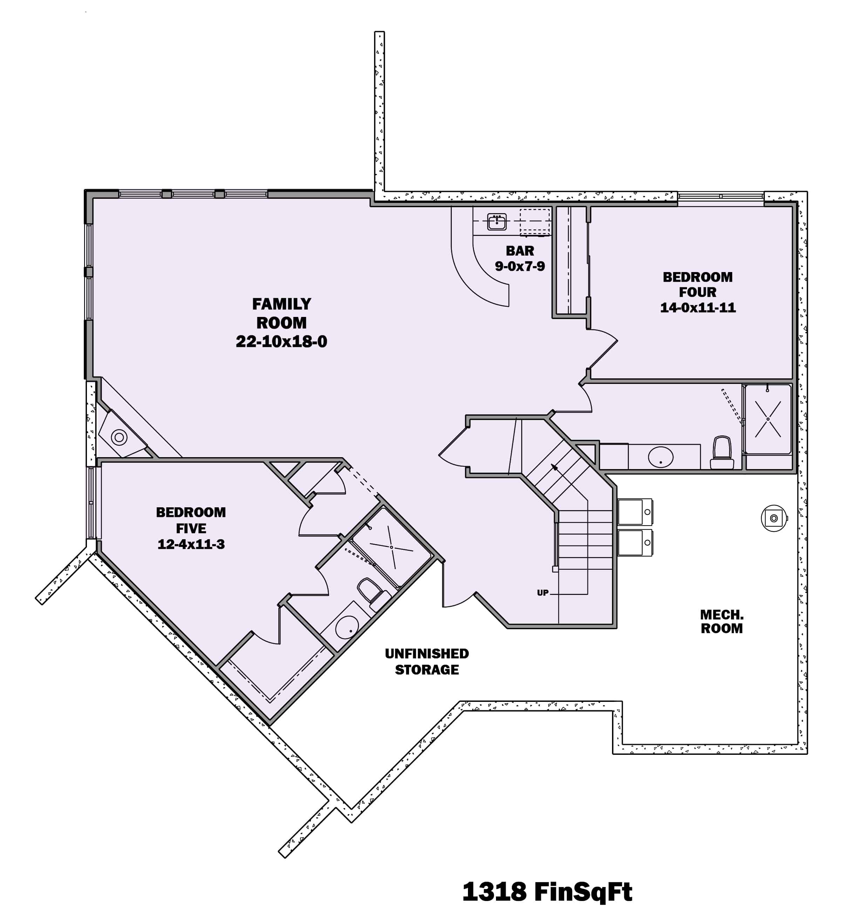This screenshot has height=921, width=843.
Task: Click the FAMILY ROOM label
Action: click(x=281, y=313)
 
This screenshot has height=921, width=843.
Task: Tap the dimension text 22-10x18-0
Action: click(x=281, y=342)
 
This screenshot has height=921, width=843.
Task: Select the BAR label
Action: click(x=520, y=251)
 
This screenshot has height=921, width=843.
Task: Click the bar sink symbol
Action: click(x=496, y=222)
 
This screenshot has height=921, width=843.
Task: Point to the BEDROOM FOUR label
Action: click(x=697, y=284)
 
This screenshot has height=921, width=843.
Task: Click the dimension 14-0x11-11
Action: click(x=697, y=307)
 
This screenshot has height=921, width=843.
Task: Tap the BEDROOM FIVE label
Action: click(x=191, y=520)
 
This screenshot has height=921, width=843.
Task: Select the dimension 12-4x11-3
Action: click(x=191, y=544)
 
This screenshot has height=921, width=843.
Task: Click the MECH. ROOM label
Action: click(x=721, y=621)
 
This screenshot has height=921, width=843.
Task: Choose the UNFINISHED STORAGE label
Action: click(x=427, y=662)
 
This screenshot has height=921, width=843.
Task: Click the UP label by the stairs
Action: click(x=543, y=593)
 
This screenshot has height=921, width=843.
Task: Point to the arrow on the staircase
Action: click(x=555, y=467)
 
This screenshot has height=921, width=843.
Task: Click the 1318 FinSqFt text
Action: click(x=547, y=892)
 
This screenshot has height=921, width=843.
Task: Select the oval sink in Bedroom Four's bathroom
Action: click(x=660, y=457)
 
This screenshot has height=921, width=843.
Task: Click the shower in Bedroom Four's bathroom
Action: click(x=768, y=419)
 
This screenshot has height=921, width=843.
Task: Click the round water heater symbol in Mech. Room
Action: click(x=774, y=518)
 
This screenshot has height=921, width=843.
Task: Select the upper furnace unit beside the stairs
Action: click(x=635, y=512)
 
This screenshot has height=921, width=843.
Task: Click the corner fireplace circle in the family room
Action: click(x=119, y=438)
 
